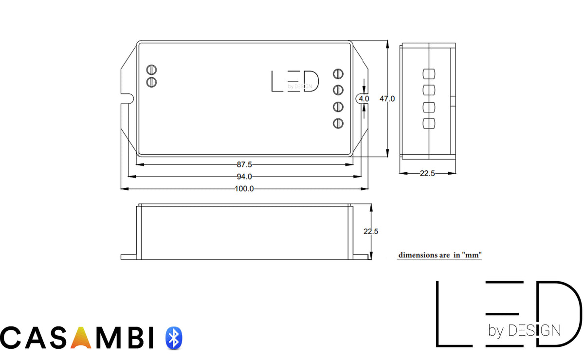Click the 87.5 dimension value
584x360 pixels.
[x=244, y=164]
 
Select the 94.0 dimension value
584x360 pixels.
[x=244, y=177]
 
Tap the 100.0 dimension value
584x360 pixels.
[x=244, y=189]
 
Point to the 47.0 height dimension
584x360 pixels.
[x=387, y=98]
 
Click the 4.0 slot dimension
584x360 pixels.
[x=364, y=98]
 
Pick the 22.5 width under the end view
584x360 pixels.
[x=427, y=173]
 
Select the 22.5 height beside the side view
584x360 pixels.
[x=371, y=232]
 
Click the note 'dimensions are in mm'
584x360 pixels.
[x=440, y=255]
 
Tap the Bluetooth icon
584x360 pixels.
[x=174, y=338]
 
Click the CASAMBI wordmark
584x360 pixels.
[x=78, y=338]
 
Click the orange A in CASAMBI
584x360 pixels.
[x=81, y=338]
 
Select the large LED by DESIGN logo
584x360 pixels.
[x=509, y=314]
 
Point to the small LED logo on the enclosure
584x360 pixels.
[x=295, y=81]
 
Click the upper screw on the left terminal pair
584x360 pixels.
[x=151, y=70]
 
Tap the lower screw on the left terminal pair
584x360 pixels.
[x=151, y=81]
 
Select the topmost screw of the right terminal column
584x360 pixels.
[x=338, y=74]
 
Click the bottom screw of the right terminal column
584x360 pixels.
[x=338, y=124]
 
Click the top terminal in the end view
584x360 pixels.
[x=428, y=74]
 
